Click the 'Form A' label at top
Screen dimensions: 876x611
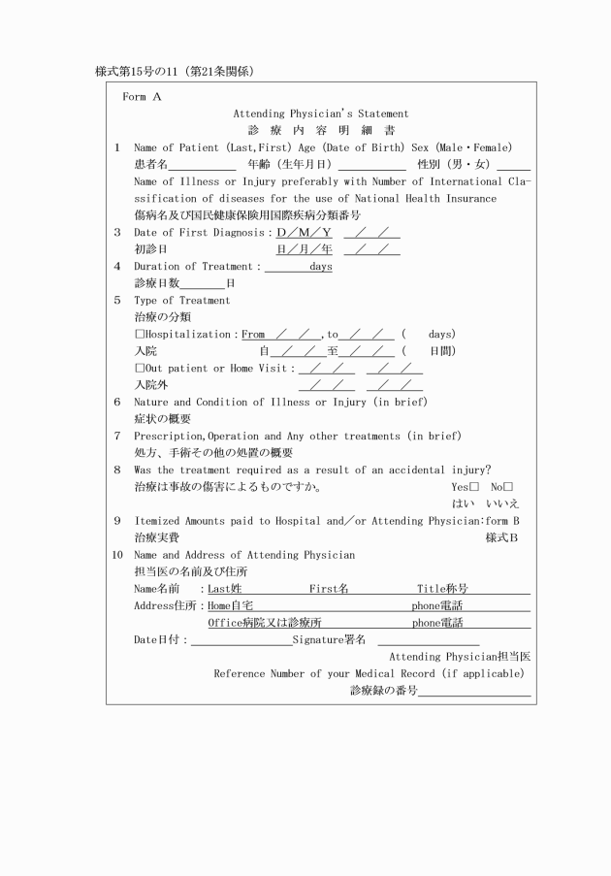(x=142, y=97)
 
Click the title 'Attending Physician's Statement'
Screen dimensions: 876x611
(x=320, y=114)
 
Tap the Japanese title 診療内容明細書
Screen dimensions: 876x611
(x=320, y=131)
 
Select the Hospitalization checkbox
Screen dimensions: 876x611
(x=140, y=335)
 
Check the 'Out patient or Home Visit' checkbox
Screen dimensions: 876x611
(x=140, y=369)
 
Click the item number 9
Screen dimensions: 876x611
(x=116, y=521)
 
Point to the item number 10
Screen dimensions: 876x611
(x=117, y=555)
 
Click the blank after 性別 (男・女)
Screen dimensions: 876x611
(x=514, y=166)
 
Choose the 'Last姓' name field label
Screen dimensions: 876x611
(x=225, y=589)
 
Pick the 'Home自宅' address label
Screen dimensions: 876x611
(x=230, y=606)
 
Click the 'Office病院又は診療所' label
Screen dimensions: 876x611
(x=264, y=623)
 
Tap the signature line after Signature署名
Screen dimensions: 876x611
(x=428, y=641)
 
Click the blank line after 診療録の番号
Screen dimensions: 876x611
(x=474, y=693)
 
